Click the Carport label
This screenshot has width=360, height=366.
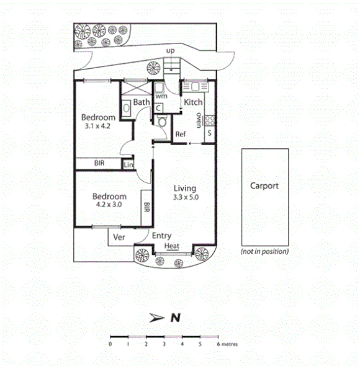(x=264, y=185)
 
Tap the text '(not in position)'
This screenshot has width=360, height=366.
(x=264, y=251)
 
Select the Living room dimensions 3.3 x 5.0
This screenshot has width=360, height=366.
(x=185, y=198)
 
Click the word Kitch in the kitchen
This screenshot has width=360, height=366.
(x=193, y=102)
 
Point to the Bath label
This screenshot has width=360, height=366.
(x=142, y=102)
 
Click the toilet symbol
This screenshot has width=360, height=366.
(x=162, y=122)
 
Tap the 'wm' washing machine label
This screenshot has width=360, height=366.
(x=161, y=96)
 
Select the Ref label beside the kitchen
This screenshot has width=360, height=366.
(x=181, y=135)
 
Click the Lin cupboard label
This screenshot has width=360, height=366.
(x=128, y=164)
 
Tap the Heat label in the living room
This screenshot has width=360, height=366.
(x=172, y=246)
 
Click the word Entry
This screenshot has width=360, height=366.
(x=161, y=235)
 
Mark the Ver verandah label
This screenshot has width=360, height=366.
(x=119, y=236)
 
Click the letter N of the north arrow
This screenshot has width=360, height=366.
(x=176, y=318)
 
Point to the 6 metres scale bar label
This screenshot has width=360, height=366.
(x=227, y=344)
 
